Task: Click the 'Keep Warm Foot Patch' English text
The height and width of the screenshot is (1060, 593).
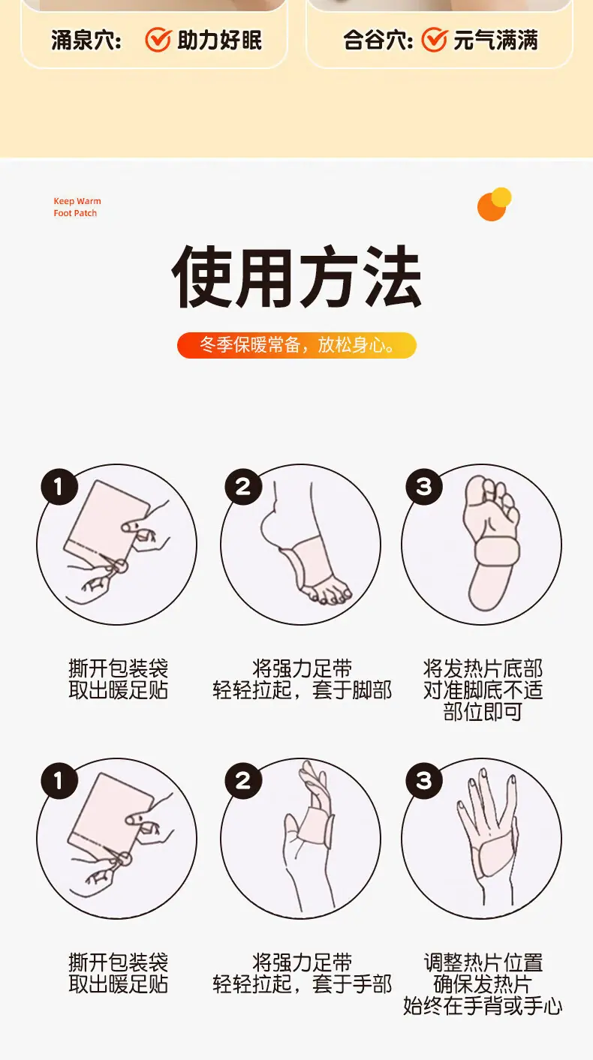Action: point(77,207)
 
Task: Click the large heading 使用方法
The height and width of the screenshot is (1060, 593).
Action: point(296,277)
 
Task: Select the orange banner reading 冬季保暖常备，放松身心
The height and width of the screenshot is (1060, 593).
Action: point(296,345)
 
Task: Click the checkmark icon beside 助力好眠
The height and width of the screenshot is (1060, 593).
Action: point(158,39)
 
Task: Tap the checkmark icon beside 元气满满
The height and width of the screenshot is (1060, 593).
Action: point(434,39)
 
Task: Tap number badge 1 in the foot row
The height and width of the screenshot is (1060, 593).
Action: point(59,486)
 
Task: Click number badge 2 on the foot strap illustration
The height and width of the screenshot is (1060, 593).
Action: point(243,486)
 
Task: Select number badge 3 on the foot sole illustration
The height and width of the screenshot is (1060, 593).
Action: point(424,486)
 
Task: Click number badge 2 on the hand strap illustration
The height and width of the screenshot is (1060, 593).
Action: point(243,781)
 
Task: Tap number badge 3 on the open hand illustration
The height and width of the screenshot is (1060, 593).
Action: point(424,781)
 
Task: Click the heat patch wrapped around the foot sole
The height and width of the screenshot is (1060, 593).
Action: point(498,552)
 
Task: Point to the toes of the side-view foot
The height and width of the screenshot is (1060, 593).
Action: point(327,595)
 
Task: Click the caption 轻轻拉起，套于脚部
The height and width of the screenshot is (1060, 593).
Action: point(303,690)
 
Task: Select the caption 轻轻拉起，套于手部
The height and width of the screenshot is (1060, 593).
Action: point(303,984)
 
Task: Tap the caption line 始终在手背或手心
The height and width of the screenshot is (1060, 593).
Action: point(482,1006)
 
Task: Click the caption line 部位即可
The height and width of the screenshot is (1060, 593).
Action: point(482,712)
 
